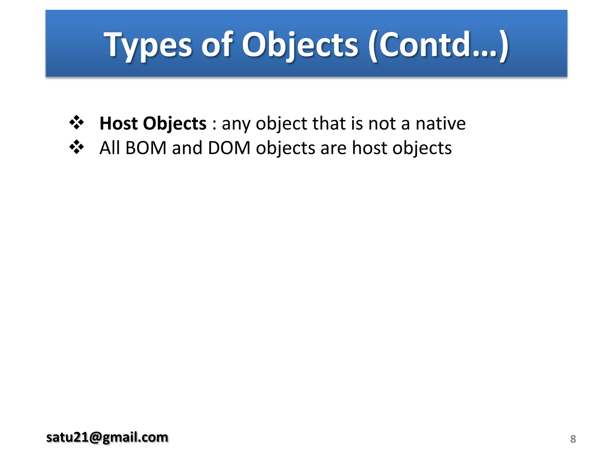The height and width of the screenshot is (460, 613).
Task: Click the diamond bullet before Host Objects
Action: (77, 122)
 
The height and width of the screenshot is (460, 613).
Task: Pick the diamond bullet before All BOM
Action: (77, 147)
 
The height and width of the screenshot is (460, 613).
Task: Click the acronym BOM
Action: (146, 148)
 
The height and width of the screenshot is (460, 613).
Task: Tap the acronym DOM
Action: (229, 148)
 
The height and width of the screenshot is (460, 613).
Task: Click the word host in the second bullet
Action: (369, 148)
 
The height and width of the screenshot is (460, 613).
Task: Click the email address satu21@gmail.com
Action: (107, 438)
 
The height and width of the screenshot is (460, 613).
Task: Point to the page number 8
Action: (573, 439)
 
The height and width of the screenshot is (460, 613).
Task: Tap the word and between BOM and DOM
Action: (187, 148)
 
